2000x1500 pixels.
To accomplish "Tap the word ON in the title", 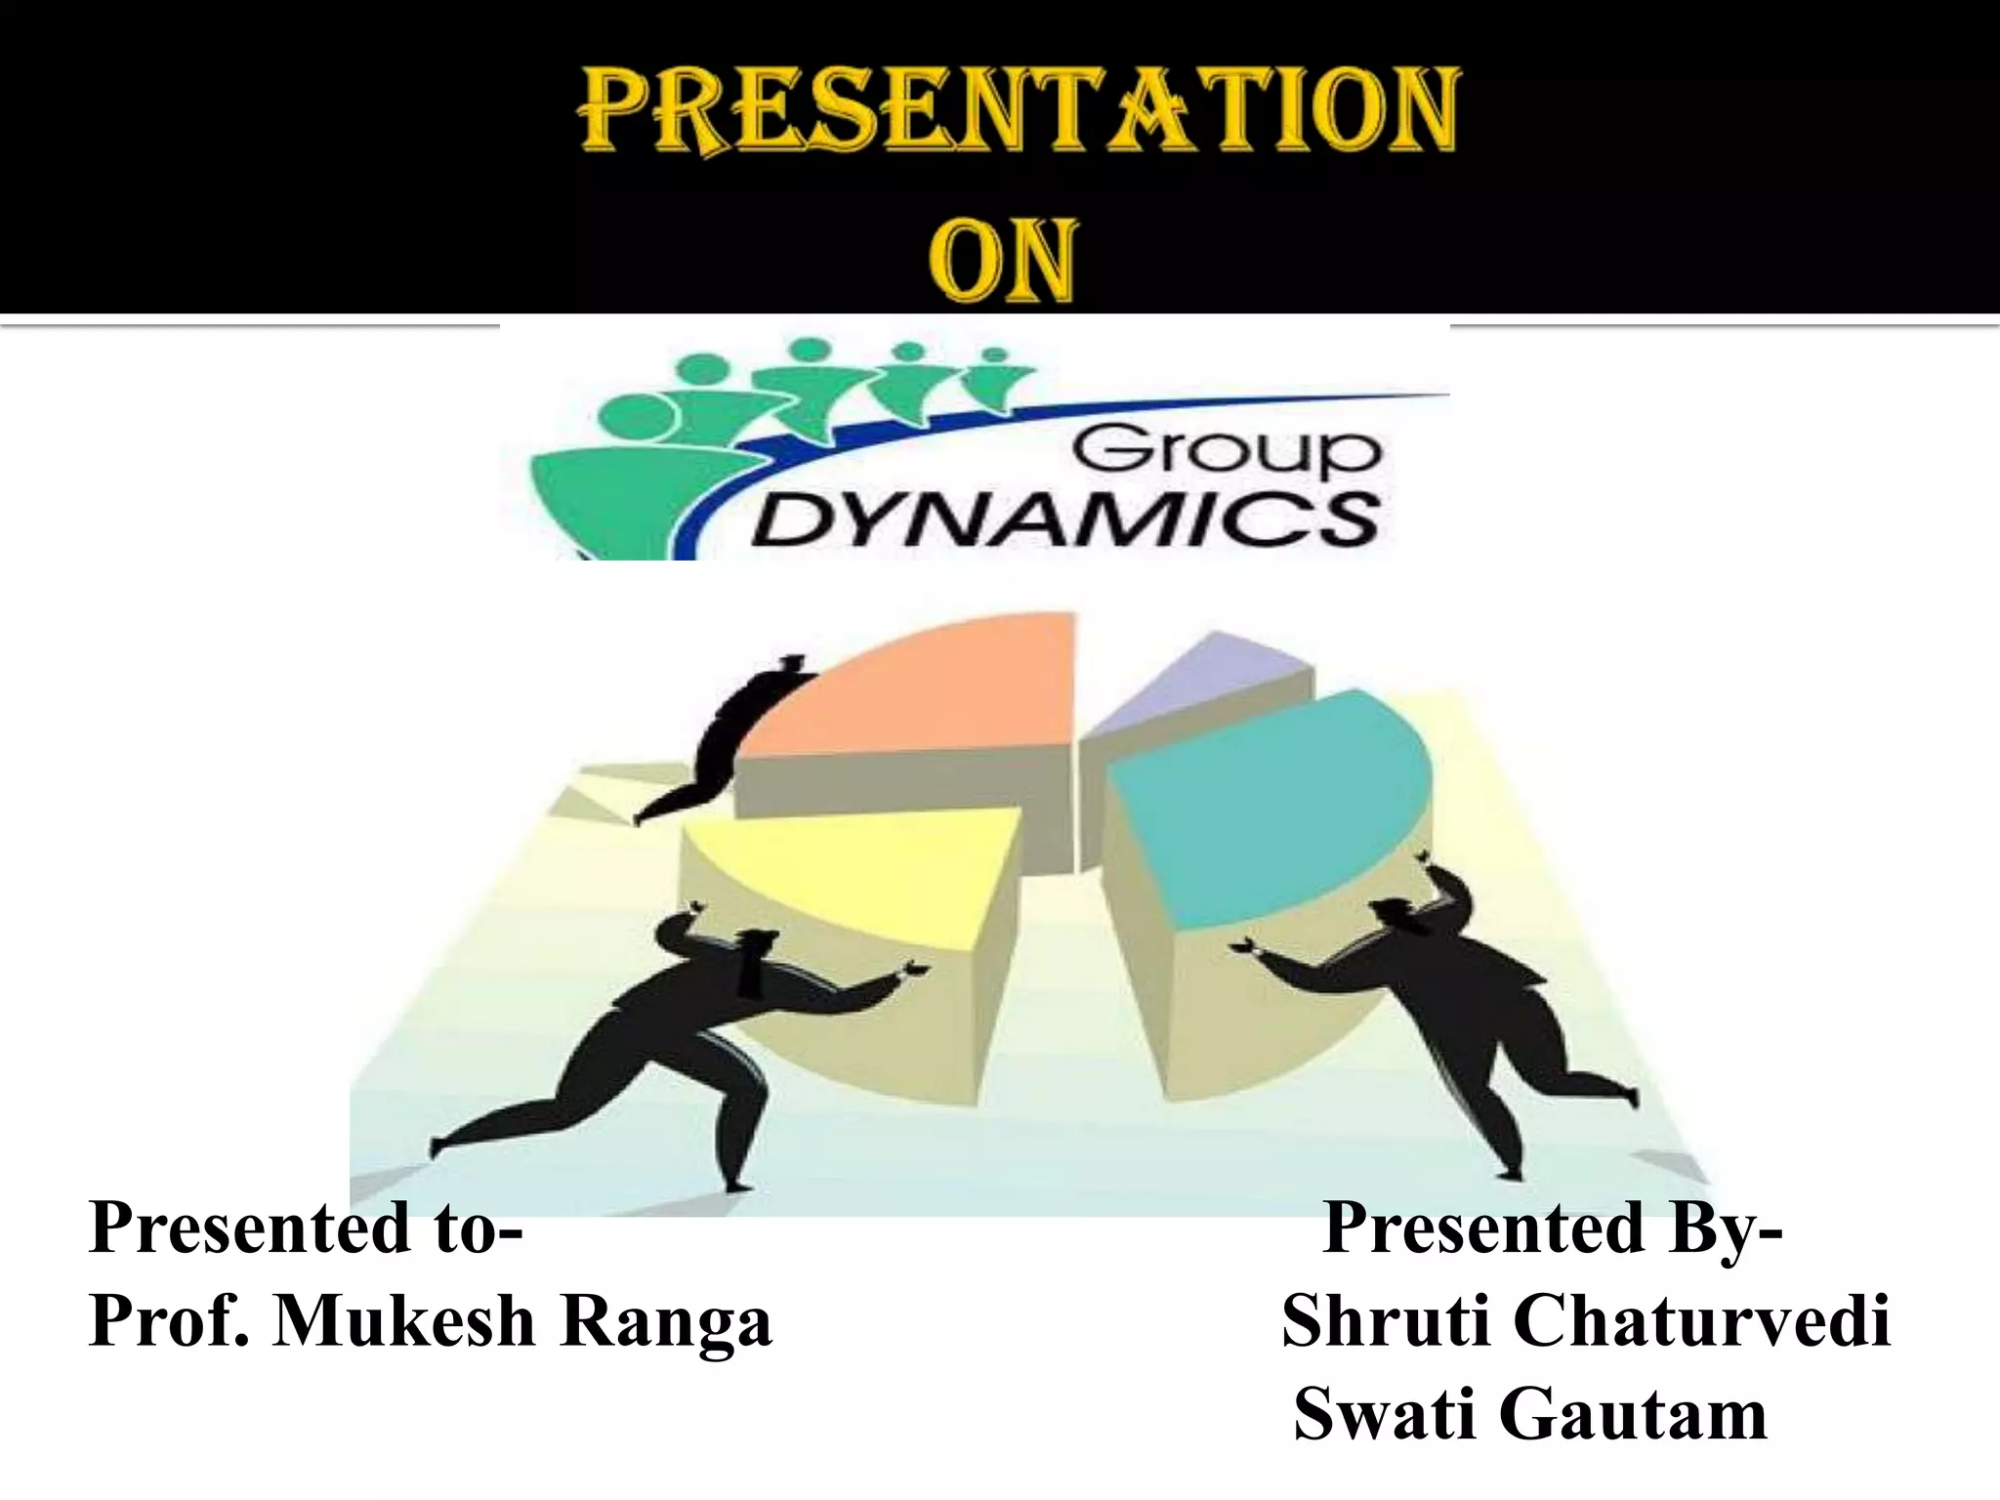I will (x=1002, y=261).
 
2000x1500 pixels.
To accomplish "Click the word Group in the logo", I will (x=1228, y=452).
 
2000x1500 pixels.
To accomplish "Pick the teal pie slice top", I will (x=1270, y=801).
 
